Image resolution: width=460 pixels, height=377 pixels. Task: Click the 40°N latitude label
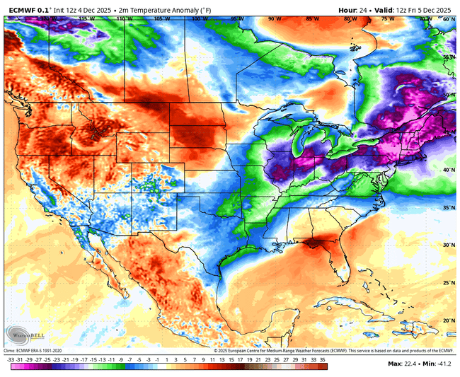[x=447, y=170]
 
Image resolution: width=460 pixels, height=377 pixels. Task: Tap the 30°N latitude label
[x=447, y=245]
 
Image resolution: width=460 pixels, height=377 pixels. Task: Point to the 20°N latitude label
[x=447, y=320]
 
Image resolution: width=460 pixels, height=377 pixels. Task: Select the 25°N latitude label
[x=447, y=282]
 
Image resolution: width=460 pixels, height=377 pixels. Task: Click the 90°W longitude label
[x=273, y=20]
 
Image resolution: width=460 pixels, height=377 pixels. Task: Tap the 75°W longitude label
[x=387, y=20]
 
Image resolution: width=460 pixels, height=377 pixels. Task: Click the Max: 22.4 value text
[x=406, y=364]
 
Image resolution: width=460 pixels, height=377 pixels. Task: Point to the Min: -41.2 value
[x=439, y=364]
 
